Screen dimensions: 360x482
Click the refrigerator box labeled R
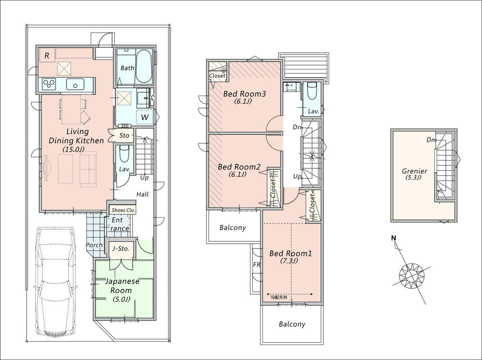[47, 56]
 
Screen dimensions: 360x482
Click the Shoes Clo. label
[123, 210]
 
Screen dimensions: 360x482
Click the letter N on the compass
[393, 238]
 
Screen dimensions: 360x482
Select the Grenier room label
[414, 171]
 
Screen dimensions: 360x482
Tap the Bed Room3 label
[245, 94]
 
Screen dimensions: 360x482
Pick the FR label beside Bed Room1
[257, 265]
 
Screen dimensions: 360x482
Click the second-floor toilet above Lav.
[312, 91]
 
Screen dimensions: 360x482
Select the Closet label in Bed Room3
[217, 76]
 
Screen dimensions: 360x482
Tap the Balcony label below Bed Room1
[292, 324]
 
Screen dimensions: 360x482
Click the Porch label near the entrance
[94, 245]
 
